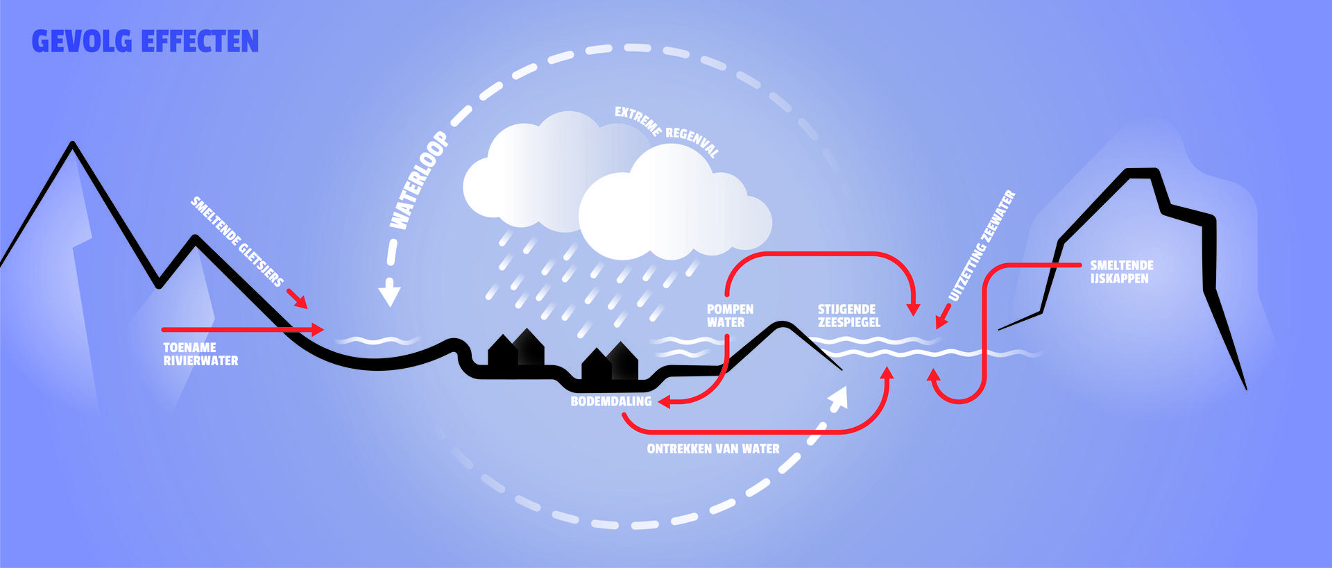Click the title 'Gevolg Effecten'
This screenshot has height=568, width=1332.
click(145, 42)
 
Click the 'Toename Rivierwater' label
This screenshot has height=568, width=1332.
click(200, 354)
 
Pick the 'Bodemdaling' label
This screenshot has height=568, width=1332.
click(610, 401)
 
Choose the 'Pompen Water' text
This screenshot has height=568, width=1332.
click(730, 316)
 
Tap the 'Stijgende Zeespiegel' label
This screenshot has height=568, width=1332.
click(848, 316)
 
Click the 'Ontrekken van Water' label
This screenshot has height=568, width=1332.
click(712, 449)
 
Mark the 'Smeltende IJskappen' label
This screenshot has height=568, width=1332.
click(1121, 272)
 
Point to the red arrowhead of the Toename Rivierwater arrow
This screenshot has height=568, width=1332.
click(318, 329)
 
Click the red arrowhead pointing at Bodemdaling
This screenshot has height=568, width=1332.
click(663, 401)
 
